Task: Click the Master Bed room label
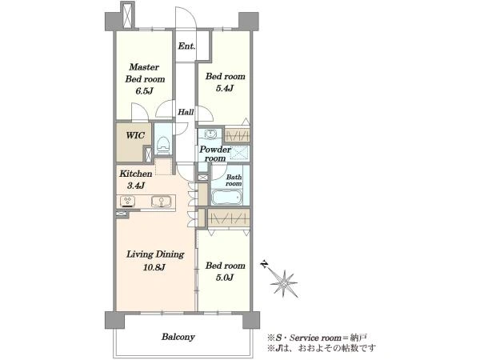pyautogui.click(x=145, y=73)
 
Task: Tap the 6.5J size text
pyautogui.click(x=144, y=91)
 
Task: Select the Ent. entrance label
pyautogui.click(x=186, y=46)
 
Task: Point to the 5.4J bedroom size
pyautogui.click(x=225, y=89)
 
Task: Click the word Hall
pyautogui.click(x=186, y=112)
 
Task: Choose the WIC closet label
pyautogui.click(x=135, y=135)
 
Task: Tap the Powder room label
pyautogui.click(x=215, y=154)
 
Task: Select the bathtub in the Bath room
pyautogui.click(x=227, y=198)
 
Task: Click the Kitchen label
pyautogui.click(x=136, y=174)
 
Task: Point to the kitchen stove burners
pyautogui.click(x=128, y=201)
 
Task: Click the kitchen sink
pyautogui.click(x=160, y=201)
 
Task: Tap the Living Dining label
pyautogui.click(x=155, y=254)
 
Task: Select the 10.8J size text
pyautogui.click(x=154, y=267)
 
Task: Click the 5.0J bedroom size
pyautogui.click(x=225, y=278)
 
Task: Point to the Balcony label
pyautogui.click(x=178, y=337)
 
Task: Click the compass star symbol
pyautogui.click(x=284, y=284)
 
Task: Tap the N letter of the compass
pyautogui.click(x=264, y=264)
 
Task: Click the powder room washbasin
pyautogui.click(x=210, y=134)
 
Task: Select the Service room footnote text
pyautogui.click(x=317, y=338)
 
